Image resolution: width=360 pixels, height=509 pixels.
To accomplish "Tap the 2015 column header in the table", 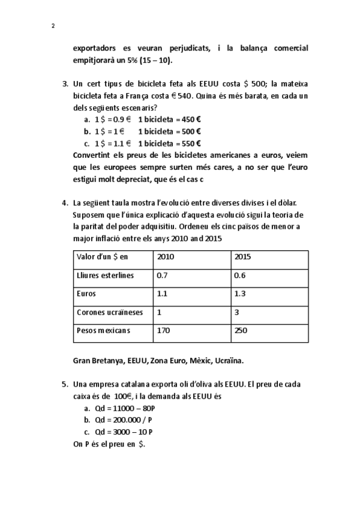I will point(242,257).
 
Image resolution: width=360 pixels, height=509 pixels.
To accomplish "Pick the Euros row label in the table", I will point(87,294).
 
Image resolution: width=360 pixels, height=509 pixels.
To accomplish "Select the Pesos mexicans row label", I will point(103,331).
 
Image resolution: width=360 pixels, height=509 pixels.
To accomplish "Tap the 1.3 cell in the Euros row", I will point(239,294).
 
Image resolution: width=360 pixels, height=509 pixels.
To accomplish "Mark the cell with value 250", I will point(241,331).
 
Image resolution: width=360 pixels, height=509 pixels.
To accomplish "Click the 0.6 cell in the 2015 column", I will point(239,276).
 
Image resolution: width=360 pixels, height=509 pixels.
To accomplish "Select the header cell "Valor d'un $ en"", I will point(103,257).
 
